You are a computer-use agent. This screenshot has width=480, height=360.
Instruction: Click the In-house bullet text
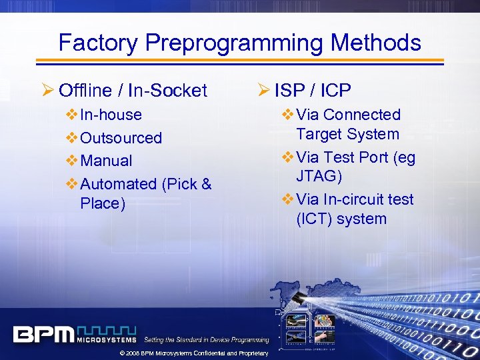point(111,115)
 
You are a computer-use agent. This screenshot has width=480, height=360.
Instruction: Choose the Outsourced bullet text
point(121,138)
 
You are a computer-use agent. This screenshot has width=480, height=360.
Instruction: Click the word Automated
point(117,184)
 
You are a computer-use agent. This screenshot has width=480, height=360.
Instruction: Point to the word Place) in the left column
point(103,203)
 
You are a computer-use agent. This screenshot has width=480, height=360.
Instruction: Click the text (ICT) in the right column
point(314,219)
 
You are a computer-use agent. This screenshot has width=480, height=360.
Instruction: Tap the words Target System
point(347,134)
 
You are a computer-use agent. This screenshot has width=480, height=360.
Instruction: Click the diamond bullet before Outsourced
point(72,138)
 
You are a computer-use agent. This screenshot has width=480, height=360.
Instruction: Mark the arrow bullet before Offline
point(49,90)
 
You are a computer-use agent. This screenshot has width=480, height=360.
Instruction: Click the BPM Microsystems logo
point(74,334)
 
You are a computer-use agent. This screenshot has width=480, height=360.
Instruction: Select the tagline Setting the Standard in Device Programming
point(207,340)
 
